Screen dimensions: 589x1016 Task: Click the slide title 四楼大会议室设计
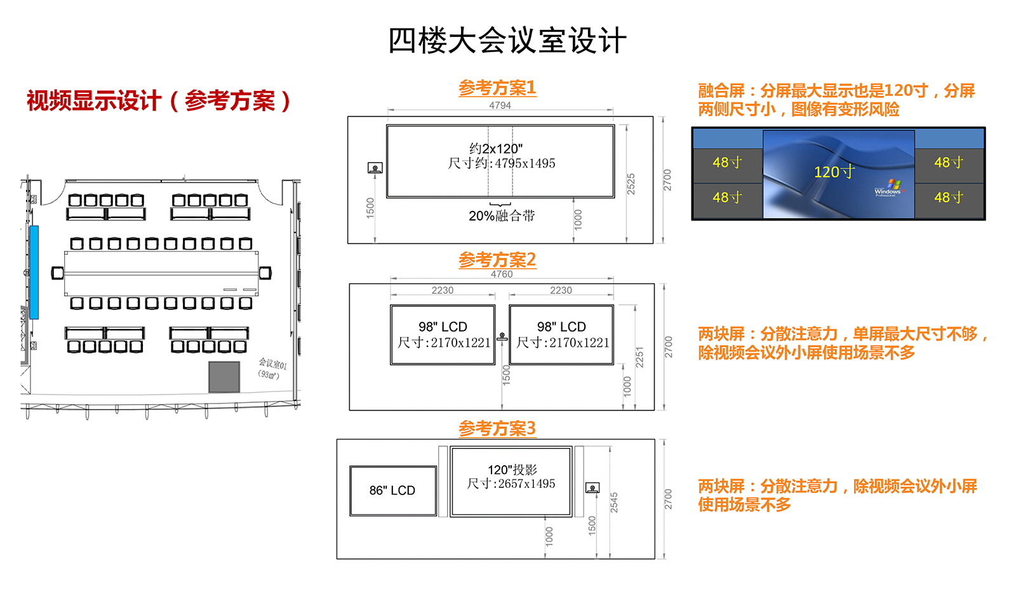pyautogui.click(x=507, y=41)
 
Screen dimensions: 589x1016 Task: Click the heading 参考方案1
pyautogui.click(x=497, y=88)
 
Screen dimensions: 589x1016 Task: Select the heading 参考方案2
pyautogui.click(x=497, y=260)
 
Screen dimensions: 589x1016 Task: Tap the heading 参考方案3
pyautogui.click(x=497, y=428)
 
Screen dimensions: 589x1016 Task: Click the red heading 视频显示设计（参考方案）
pyautogui.click(x=159, y=100)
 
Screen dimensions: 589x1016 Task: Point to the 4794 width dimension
pyautogui.click(x=500, y=105)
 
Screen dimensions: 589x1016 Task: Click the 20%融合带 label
pyautogui.click(x=502, y=216)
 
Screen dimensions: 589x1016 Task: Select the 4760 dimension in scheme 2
pyautogui.click(x=502, y=274)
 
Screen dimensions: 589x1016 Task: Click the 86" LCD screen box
pyautogui.click(x=392, y=491)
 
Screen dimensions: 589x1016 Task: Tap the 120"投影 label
pyautogui.click(x=512, y=470)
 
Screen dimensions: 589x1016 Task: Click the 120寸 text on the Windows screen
pyautogui.click(x=834, y=172)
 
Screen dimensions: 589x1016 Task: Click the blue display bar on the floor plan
pyautogui.click(x=34, y=272)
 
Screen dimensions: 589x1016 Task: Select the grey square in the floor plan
pyautogui.click(x=224, y=377)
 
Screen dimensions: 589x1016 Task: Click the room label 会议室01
pyautogui.click(x=272, y=364)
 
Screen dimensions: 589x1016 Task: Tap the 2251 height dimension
pyautogui.click(x=639, y=357)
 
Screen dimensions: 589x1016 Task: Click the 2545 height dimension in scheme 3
pyautogui.click(x=614, y=502)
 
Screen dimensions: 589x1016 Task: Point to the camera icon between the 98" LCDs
pyautogui.click(x=502, y=336)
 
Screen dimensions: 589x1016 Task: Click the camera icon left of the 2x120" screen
pyautogui.click(x=375, y=168)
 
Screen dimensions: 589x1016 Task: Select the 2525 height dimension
pyautogui.click(x=631, y=184)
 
